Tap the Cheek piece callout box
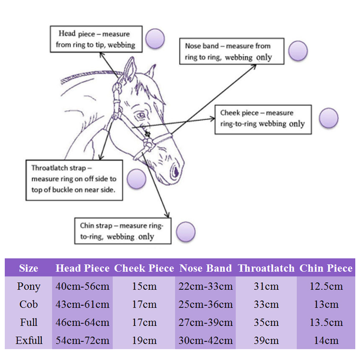coord(263,118)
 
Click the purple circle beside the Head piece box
coord(155,39)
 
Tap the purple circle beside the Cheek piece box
coord(329,118)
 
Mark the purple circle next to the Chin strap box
coord(186,232)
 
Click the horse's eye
coord(140,116)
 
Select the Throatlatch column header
coord(266,268)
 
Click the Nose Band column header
coord(205,268)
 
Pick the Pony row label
coord(29,287)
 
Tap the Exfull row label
coord(29,341)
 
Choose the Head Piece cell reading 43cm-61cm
coord(83,304)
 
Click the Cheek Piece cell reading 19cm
coord(144,341)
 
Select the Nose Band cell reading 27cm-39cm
coord(205,323)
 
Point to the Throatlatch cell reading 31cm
coord(266,287)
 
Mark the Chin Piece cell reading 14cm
coord(326,341)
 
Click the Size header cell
coord(29,268)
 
